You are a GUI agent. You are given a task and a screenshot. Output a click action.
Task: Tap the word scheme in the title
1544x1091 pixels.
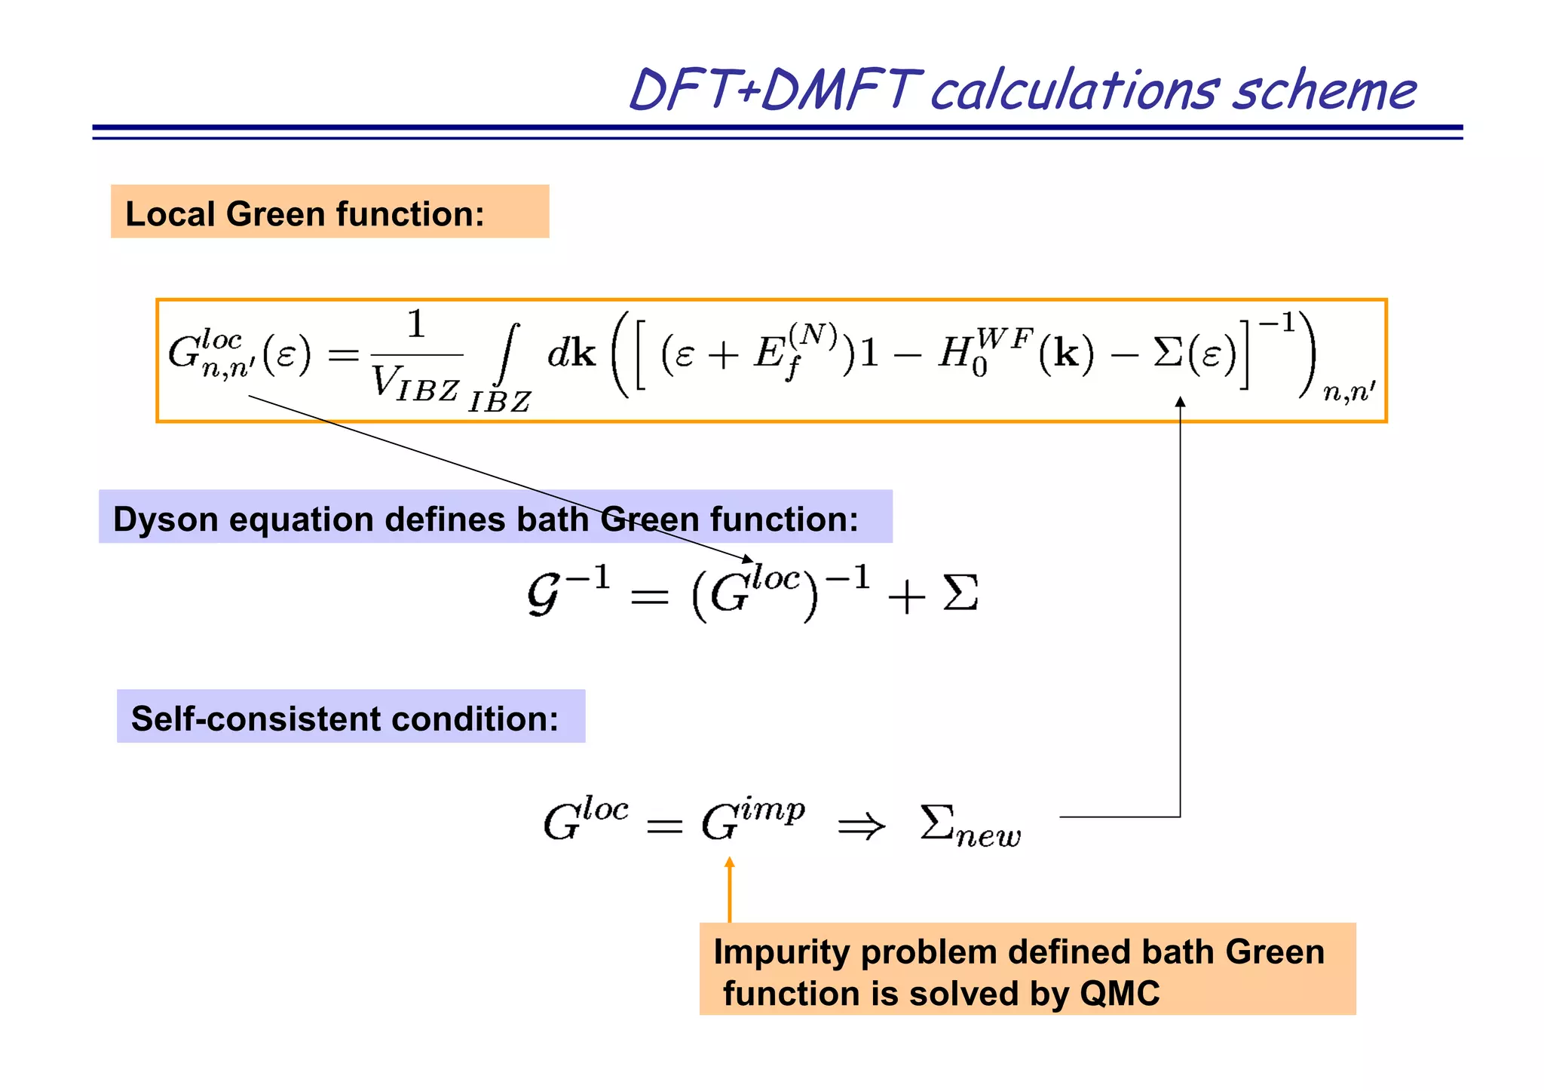click(1325, 92)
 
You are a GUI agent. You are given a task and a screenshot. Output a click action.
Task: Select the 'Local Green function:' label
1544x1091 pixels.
click(305, 213)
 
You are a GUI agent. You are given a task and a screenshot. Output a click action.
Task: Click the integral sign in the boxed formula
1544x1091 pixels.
click(508, 354)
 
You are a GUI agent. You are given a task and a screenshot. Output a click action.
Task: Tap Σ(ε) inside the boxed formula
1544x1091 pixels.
click(1194, 353)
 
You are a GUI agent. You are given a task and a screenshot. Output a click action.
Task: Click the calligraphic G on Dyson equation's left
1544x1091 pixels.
click(544, 594)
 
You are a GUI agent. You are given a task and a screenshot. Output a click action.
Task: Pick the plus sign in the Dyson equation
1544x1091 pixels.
click(906, 597)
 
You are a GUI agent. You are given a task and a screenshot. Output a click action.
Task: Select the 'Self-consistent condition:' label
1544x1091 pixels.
click(345, 719)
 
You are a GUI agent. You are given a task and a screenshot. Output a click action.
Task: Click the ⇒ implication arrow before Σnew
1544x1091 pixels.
click(861, 826)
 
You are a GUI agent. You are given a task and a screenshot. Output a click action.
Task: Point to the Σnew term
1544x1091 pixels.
click(970, 826)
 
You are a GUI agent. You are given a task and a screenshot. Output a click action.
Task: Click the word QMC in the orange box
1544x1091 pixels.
click(1120, 994)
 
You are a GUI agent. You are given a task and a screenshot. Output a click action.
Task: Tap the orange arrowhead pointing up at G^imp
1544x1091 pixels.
click(729, 864)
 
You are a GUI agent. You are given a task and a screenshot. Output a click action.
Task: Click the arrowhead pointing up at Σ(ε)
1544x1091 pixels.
click(1181, 403)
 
